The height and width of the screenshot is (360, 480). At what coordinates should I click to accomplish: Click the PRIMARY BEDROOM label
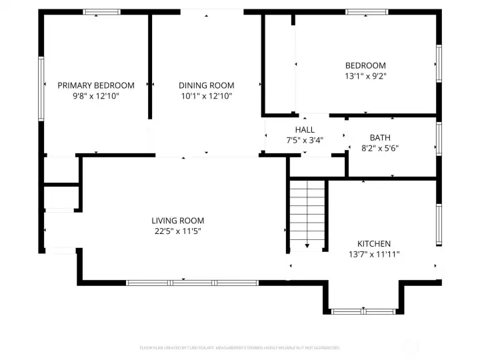tap(95, 85)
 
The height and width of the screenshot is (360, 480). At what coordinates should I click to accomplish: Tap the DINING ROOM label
tap(206, 85)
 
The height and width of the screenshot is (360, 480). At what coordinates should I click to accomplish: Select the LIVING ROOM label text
tap(177, 221)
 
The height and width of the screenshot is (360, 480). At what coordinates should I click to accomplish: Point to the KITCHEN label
tap(373, 244)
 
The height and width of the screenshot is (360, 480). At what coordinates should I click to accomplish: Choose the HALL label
tap(305, 129)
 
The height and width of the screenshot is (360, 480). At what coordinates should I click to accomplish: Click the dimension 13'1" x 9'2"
tap(365, 76)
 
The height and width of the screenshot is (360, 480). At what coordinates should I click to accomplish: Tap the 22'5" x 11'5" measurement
tap(177, 231)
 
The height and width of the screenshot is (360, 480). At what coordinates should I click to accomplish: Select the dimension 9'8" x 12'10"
tap(95, 96)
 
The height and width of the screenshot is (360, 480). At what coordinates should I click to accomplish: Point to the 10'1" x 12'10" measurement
tap(206, 96)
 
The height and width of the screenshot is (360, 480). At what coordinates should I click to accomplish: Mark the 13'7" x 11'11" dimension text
tap(373, 255)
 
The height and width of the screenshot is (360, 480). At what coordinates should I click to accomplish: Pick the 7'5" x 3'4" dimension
tap(305, 140)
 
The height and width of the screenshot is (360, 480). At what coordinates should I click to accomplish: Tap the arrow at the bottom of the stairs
tap(307, 246)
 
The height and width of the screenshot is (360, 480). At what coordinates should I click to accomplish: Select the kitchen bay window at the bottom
tap(363, 311)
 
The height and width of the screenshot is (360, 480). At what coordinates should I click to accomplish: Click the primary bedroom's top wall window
tap(102, 11)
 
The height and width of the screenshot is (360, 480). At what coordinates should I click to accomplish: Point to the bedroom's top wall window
tap(367, 11)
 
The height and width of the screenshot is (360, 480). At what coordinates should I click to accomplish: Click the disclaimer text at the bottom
tap(240, 347)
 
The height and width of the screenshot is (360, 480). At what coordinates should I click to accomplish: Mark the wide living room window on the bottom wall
tap(192, 283)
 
